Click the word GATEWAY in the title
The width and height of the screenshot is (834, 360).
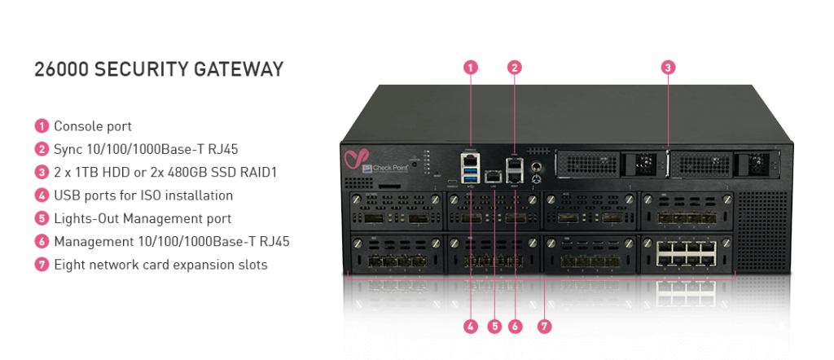[239, 69]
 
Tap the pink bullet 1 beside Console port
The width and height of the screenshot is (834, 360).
[42, 126]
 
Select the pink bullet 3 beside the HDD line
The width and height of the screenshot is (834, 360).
[42, 172]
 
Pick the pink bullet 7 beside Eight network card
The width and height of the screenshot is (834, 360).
[42, 265]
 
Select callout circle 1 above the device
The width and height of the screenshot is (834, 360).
[471, 68]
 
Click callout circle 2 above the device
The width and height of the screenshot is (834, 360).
[514, 68]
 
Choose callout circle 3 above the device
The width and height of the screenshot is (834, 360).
[668, 68]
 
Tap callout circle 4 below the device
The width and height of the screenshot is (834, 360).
[471, 327]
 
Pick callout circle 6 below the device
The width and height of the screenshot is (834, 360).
[514, 327]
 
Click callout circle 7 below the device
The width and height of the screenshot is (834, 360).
[545, 327]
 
